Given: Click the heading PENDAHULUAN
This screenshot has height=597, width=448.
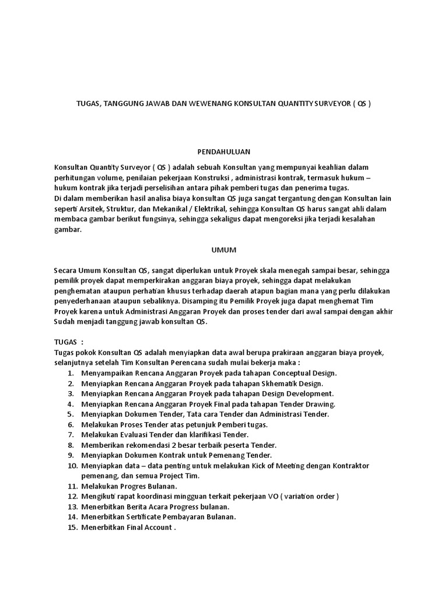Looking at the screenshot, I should coord(223,152).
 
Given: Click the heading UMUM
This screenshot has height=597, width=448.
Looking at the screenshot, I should coord(223,250).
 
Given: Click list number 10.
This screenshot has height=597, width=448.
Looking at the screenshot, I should coord(72,466).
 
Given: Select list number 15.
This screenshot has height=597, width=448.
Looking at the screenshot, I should coord(72,528).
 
